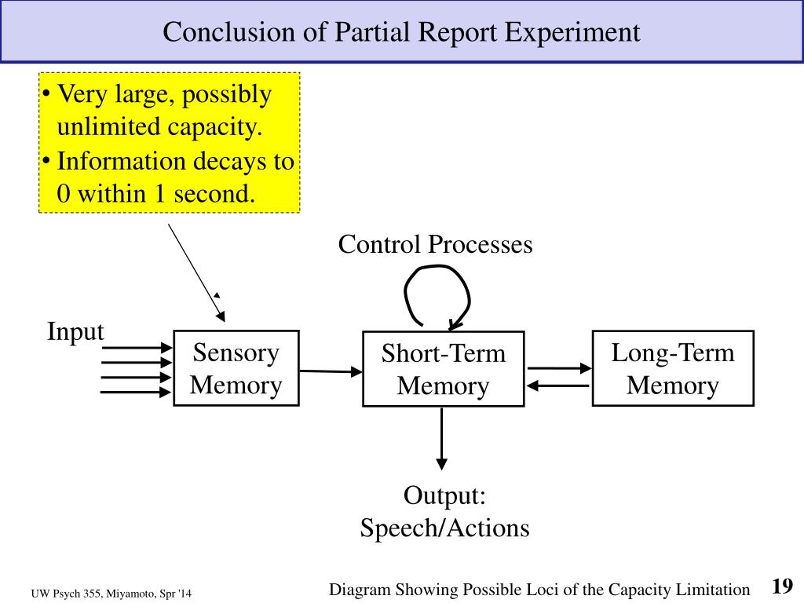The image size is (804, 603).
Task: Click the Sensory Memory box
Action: pos(236,368)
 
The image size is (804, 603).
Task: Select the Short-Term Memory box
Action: pos(444,369)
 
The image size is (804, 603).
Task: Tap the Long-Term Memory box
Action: pos(673,368)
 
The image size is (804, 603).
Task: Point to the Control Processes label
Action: pos(435,244)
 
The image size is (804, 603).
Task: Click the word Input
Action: pos(75,331)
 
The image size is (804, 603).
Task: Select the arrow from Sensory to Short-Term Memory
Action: pos(331,371)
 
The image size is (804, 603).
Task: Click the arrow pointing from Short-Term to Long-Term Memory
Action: pos(559,368)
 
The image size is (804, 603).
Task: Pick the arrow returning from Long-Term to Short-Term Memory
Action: pos(558,386)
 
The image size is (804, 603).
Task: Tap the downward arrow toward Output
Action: pos(441,439)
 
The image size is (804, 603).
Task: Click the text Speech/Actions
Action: pos(444,528)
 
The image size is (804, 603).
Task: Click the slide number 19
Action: pos(783,586)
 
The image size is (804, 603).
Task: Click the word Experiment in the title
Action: pos(572,31)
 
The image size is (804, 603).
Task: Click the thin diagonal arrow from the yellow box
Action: pos(197,272)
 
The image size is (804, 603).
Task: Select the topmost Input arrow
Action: pos(137,348)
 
